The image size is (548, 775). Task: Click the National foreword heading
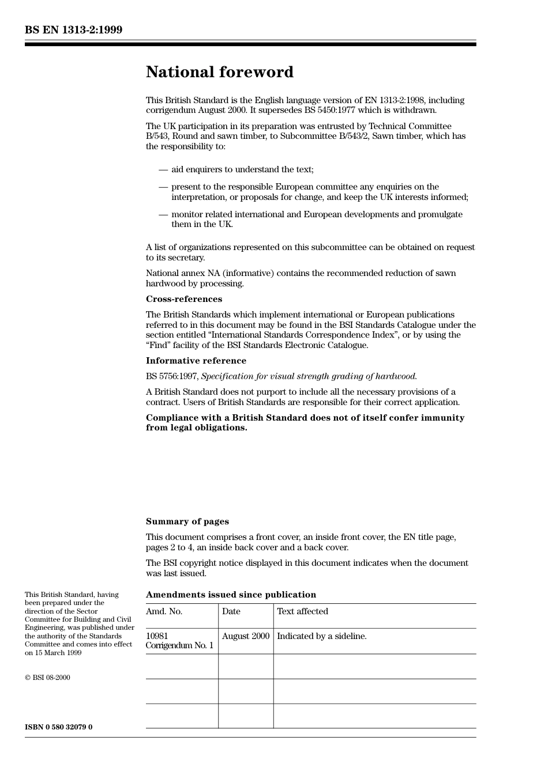click(219, 72)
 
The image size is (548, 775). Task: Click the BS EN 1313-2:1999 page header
click(73, 30)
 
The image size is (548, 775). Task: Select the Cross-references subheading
click(183, 299)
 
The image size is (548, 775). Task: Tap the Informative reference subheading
click(196, 361)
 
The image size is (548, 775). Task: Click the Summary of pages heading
click(187, 521)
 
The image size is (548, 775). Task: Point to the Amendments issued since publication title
click(231, 595)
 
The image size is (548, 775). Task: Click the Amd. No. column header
click(164, 611)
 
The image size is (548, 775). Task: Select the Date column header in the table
click(231, 611)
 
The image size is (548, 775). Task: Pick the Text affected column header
click(302, 611)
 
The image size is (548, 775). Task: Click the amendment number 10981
click(157, 636)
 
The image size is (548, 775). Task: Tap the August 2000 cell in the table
click(246, 636)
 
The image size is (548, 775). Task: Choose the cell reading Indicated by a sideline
click(321, 636)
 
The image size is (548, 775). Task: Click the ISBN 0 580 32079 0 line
click(58, 727)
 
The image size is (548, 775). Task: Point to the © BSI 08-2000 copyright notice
click(47, 678)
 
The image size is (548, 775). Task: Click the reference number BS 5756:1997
click(172, 376)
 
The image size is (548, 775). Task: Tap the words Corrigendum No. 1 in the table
click(179, 645)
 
